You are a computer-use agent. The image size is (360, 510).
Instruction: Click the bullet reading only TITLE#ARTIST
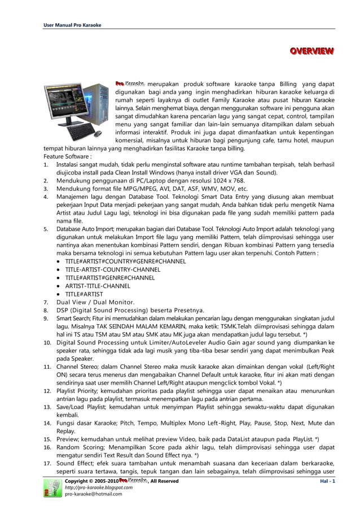tap(84, 294)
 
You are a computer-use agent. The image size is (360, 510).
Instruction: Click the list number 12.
tap(47, 391)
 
